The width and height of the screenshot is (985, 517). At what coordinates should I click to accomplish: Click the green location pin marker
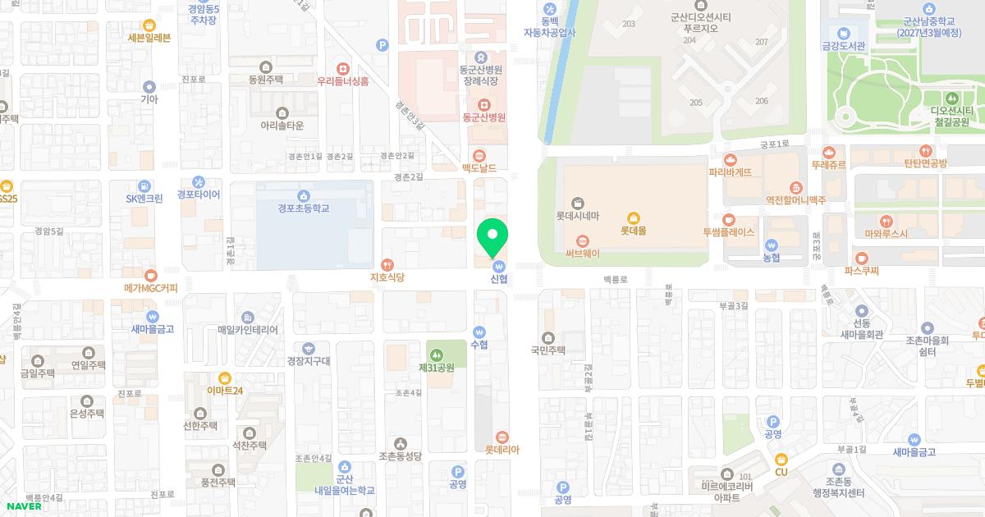492,238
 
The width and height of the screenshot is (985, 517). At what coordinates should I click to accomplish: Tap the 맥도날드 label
479,167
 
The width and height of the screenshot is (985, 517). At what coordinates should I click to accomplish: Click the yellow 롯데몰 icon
633,217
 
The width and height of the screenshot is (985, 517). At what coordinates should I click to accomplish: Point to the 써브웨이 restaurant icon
583,240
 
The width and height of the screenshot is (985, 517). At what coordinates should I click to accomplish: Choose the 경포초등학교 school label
303,208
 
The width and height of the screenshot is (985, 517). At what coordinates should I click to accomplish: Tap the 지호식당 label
387,278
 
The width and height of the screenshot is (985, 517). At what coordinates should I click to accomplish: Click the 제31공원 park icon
436,354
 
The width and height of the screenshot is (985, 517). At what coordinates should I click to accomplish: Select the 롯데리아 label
502,450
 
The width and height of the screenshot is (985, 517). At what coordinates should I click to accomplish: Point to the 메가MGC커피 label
150,288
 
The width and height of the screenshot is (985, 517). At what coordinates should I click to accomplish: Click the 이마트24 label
225,391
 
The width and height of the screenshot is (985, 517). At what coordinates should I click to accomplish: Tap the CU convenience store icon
781,459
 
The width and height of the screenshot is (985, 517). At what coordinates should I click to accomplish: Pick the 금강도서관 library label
843,45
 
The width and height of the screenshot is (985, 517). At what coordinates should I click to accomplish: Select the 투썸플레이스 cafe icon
728,219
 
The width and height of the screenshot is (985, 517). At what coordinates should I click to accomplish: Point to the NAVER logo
21,506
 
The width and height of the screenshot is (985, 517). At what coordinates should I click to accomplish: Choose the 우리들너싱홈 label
343,81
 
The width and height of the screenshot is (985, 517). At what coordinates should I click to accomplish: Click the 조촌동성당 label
400,455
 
